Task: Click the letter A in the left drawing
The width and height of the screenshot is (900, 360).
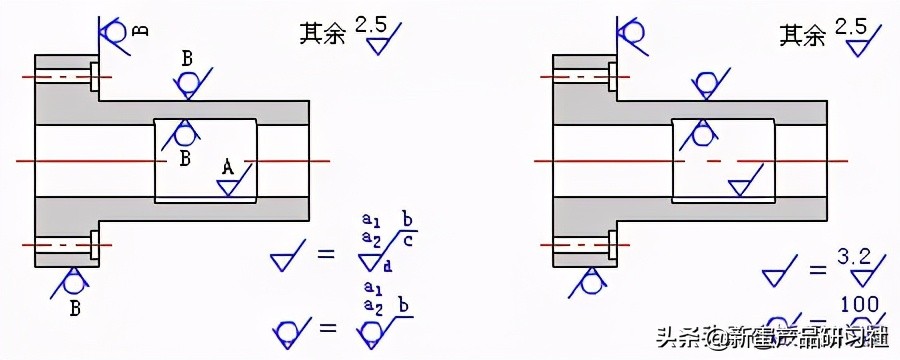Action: click(227, 168)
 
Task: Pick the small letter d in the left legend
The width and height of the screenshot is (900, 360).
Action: click(387, 265)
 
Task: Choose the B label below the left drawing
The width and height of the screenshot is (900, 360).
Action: click(74, 307)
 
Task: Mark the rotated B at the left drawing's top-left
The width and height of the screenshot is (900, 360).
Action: click(141, 30)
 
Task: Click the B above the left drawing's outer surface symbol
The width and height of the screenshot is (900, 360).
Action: click(187, 58)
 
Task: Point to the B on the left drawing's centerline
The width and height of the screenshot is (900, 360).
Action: click(185, 158)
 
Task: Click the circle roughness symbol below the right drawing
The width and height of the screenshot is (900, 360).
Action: click(591, 284)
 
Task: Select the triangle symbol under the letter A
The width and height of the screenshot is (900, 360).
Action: click(227, 187)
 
